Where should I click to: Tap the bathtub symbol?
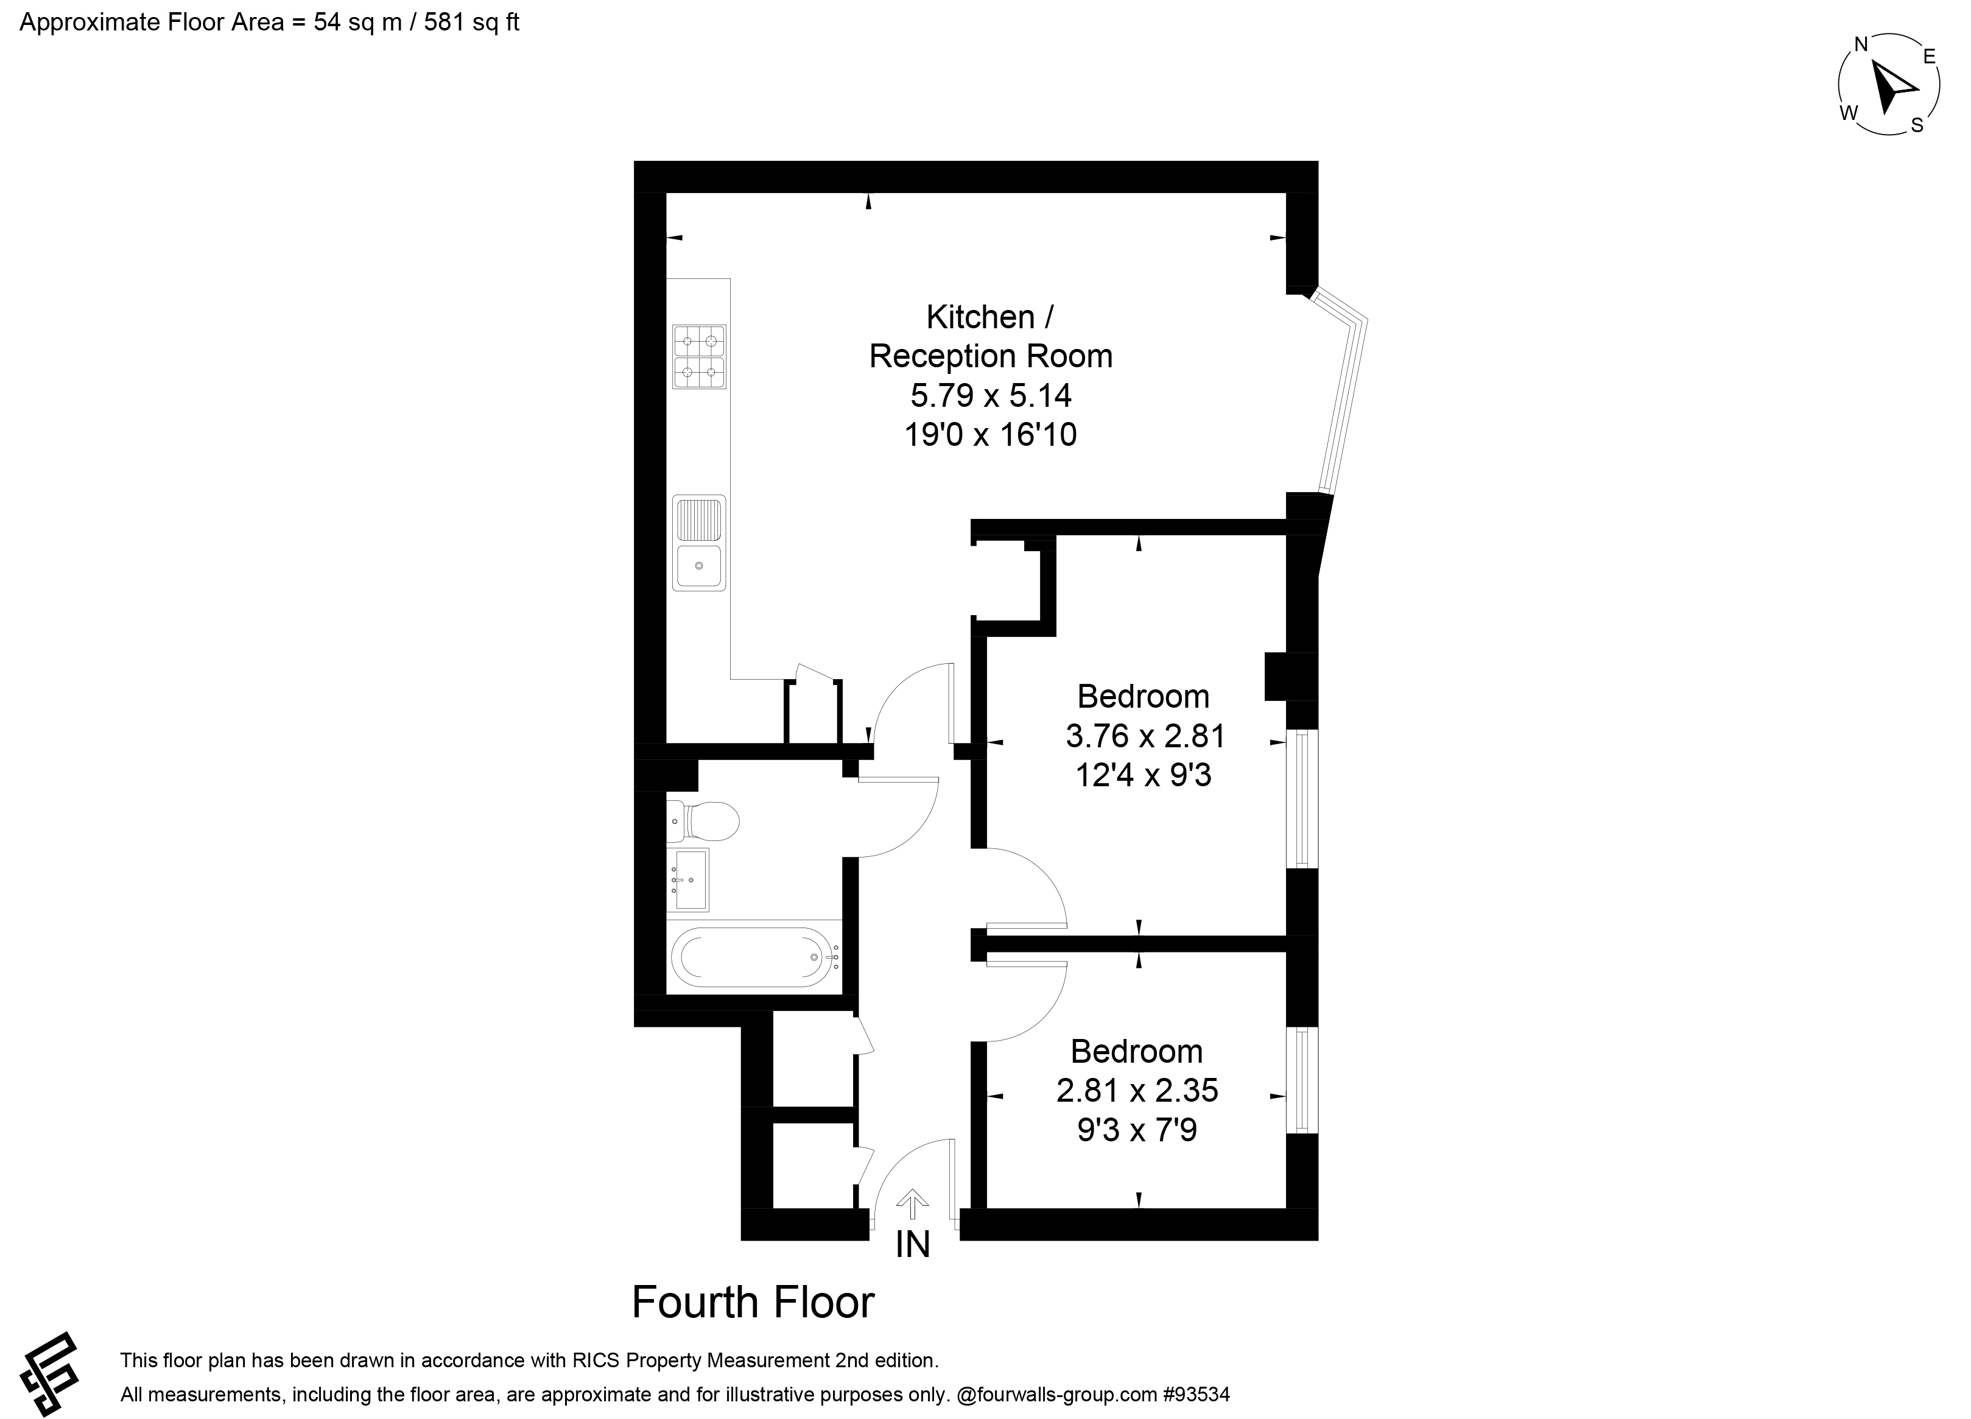pos(754,957)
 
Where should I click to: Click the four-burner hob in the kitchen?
pos(699,356)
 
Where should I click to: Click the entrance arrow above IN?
pos(912,1205)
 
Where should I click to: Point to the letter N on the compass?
pos(1861,45)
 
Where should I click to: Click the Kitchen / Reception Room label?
pos(991,336)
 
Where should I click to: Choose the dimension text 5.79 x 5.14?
pos(991,395)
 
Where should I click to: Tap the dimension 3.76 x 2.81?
pos(1145,736)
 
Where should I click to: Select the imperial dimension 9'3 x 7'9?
pos(1137,1130)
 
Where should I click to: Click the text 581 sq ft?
pos(471,23)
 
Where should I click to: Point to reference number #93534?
pos(1196,1395)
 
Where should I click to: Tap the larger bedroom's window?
pos(1302,798)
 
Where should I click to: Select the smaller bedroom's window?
pos(1302,1080)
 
